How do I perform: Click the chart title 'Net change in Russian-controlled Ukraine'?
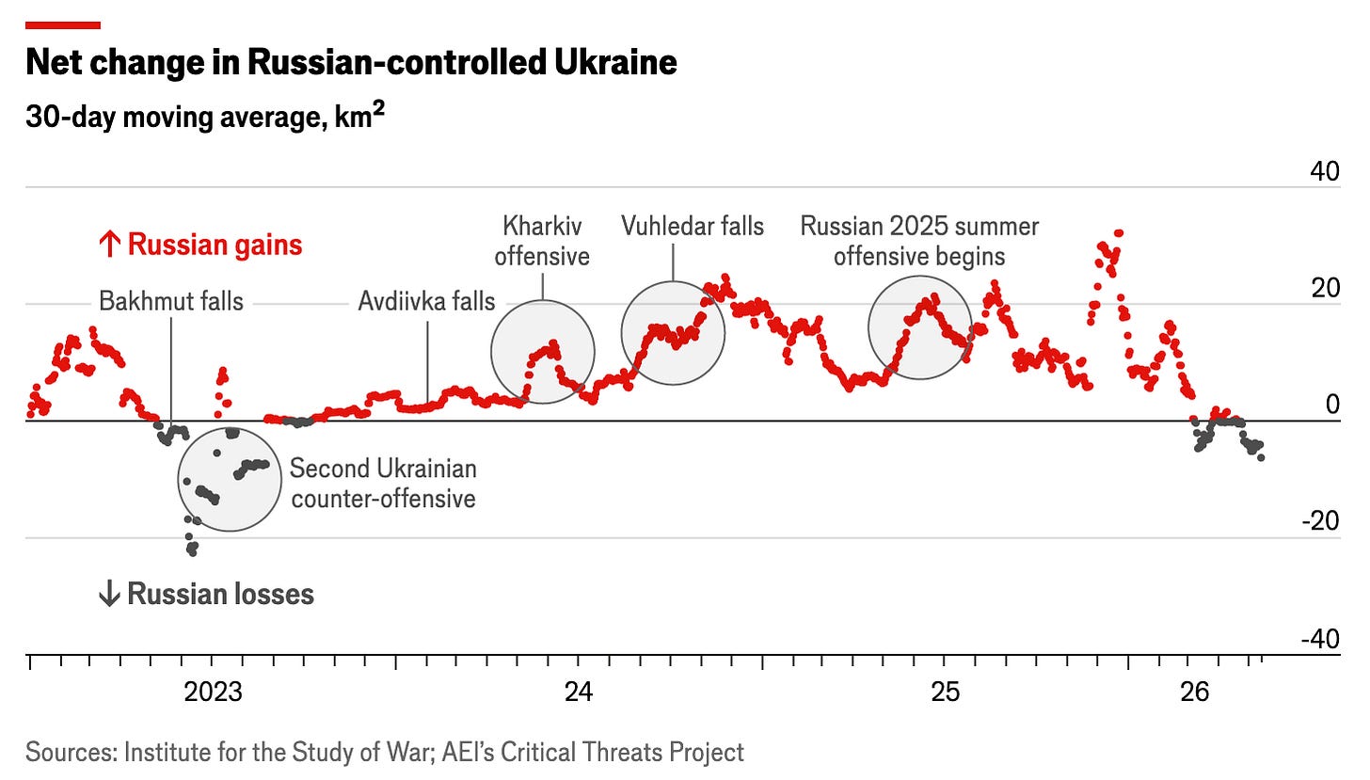tap(351, 62)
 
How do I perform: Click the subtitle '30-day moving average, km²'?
tap(205, 117)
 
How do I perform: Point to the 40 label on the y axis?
tap(1325, 171)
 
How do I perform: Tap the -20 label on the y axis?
tap(1321, 521)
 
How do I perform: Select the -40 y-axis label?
tap(1321, 639)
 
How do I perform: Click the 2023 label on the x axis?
tap(213, 692)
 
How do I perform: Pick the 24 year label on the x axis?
tap(579, 692)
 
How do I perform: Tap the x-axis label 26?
tap(1194, 692)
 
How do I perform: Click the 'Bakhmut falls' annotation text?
tap(171, 302)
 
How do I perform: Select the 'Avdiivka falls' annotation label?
tap(426, 302)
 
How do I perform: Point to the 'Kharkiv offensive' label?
tap(542, 242)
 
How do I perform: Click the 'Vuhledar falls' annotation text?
tap(693, 227)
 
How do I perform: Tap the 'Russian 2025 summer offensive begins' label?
tap(919, 242)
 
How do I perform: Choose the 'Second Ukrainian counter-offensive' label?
tap(384, 484)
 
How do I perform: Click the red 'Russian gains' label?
tap(200, 245)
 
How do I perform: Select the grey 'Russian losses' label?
tap(206, 594)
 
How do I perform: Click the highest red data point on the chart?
tap(1119, 233)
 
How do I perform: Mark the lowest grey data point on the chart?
tap(193, 553)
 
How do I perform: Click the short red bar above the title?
tap(63, 25)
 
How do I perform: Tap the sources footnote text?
tap(385, 752)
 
